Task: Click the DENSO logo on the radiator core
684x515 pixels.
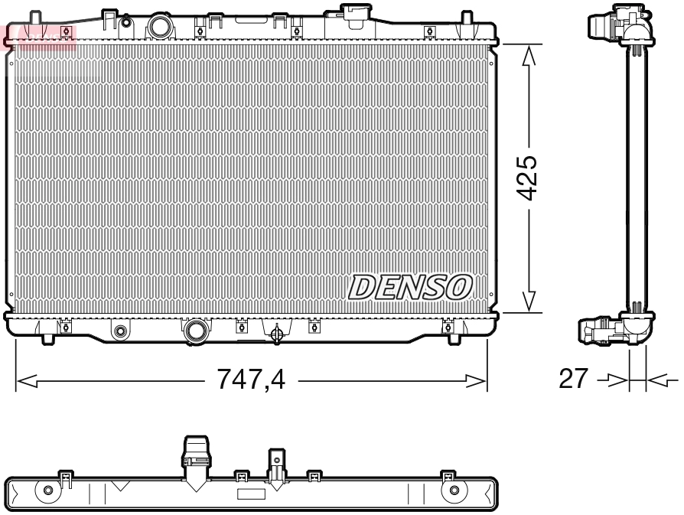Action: pos(409,287)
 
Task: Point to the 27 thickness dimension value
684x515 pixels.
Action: pos(574,378)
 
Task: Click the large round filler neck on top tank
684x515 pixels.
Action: pos(161,27)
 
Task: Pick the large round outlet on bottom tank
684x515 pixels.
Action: pos(196,331)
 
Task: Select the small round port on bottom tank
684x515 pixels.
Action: pos(119,332)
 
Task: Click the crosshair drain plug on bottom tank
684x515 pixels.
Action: pos(277,333)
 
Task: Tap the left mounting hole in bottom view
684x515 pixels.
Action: pos(49,490)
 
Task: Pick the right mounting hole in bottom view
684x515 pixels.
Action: pos(454,490)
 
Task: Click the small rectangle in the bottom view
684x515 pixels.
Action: pos(251,494)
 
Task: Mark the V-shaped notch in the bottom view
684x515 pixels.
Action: pos(120,485)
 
